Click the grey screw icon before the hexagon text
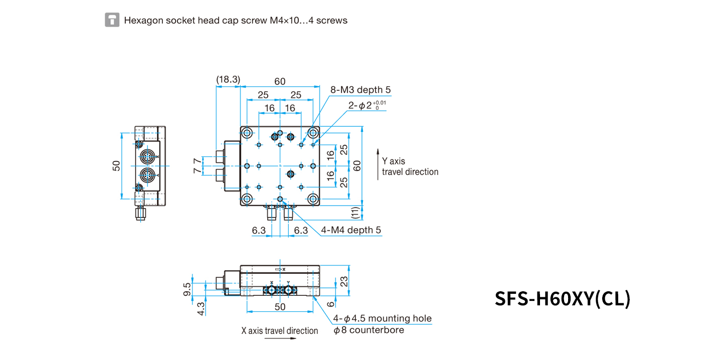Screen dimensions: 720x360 tap(112, 20)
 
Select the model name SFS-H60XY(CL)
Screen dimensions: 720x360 tap(563, 299)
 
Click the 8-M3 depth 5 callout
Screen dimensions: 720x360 tap(361, 90)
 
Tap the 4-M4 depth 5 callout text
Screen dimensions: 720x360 tap(351, 230)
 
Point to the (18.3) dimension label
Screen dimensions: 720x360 tap(228, 79)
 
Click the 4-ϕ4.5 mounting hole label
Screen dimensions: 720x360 tap(382, 318)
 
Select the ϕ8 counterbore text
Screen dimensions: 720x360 tap(369, 330)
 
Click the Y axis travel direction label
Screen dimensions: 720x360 tap(410, 166)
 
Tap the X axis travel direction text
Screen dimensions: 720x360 tap(280, 331)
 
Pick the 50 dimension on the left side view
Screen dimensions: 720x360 tap(116, 166)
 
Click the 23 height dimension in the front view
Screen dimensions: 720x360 tap(344, 282)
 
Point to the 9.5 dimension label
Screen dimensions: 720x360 tap(187, 289)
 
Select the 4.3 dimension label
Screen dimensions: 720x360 tap(201, 309)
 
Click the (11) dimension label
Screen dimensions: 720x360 tap(355, 213)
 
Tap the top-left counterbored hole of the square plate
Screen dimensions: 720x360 tap(247, 132)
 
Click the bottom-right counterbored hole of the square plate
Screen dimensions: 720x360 tap(313, 199)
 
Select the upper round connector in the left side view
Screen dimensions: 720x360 tap(147, 157)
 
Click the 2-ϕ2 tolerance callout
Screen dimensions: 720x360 tap(367, 105)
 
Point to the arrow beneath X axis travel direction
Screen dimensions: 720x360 tap(280, 338)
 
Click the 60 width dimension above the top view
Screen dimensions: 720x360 tap(280, 81)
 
